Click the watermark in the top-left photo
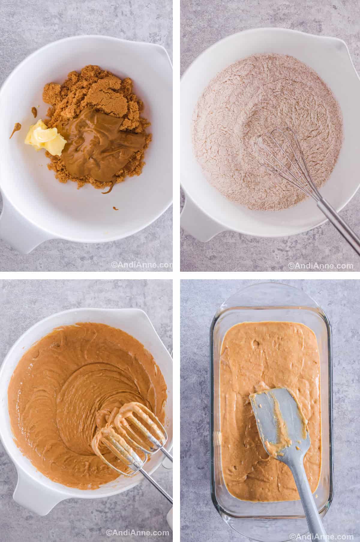coord(142,265)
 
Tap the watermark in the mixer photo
coord(137,533)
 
